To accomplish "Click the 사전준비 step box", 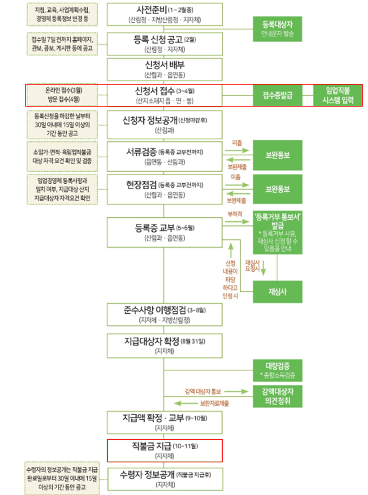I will click(x=164, y=15).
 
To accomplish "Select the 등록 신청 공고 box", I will click(x=164, y=44).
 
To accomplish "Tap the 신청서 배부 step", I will click(x=164, y=69).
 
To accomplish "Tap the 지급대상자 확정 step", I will click(x=164, y=344).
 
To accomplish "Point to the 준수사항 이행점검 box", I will click(x=164, y=314).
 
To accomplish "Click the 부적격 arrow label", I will click(x=234, y=213).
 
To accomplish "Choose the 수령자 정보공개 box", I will click(x=164, y=478).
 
